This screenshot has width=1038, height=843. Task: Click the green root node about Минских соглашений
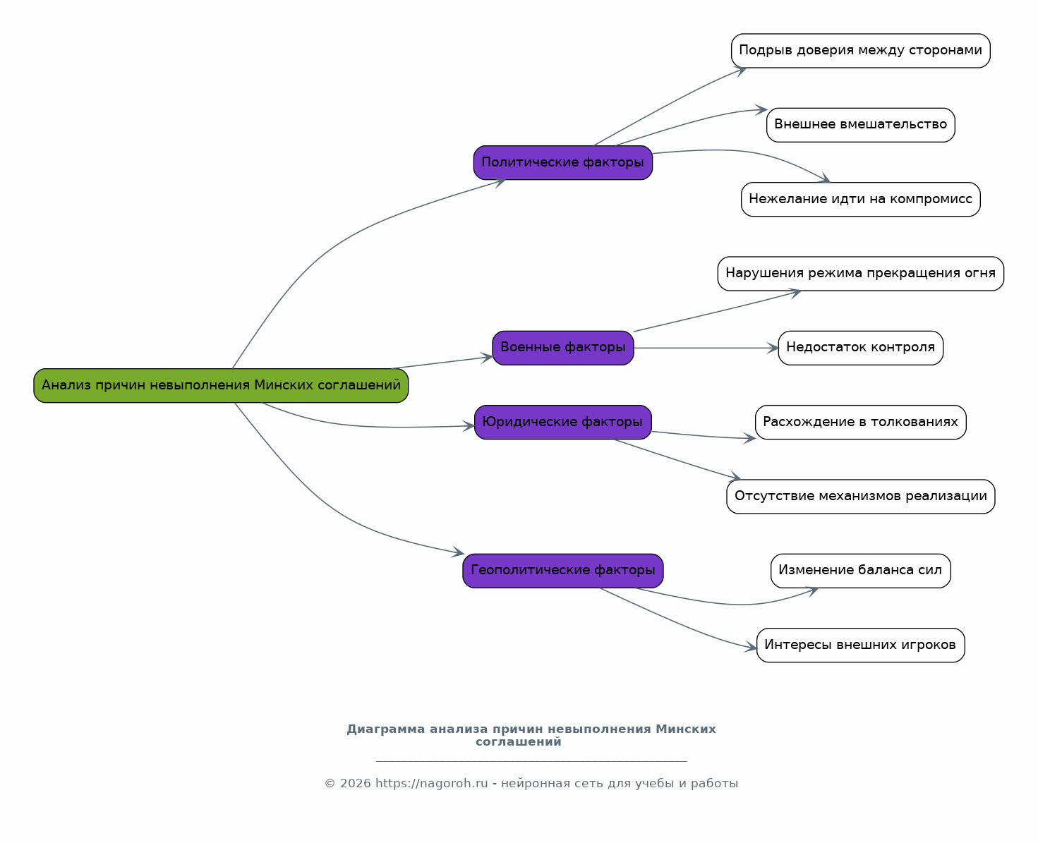[x=221, y=385]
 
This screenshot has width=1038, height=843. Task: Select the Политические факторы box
[x=563, y=163]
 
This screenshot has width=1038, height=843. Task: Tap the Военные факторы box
[x=563, y=348]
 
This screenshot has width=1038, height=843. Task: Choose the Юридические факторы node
[x=563, y=423]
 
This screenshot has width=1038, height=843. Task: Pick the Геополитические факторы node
[x=563, y=571]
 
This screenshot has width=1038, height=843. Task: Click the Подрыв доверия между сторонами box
[x=861, y=51]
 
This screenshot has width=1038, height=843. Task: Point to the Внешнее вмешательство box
[x=861, y=125]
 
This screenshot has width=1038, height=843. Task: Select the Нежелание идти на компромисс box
[x=861, y=199]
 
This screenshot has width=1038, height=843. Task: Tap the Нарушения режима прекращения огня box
[x=861, y=274]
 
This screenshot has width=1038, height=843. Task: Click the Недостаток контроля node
[x=861, y=348]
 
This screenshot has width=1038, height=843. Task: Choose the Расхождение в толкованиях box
[x=861, y=423]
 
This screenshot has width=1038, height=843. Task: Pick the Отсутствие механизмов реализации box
[x=861, y=496]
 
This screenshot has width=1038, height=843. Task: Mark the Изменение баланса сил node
[x=861, y=571]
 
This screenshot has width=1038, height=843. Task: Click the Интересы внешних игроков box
[x=861, y=645]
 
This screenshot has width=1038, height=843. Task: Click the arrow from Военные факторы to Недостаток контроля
[x=706, y=348]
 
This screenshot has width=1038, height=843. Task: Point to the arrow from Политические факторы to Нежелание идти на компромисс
[x=746, y=152]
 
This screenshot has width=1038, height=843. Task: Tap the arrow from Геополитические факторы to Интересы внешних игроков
[x=677, y=623]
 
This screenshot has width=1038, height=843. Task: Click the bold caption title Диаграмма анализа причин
[x=531, y=735]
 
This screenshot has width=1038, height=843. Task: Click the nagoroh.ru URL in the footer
[x=431, y=783]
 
